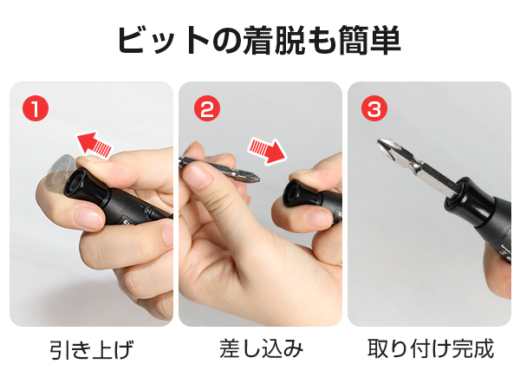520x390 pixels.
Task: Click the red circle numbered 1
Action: [34, 109]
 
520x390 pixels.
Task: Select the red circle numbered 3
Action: [374, 109]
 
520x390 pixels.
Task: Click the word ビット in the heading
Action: [161, 40]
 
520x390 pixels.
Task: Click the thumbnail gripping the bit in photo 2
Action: [200, 178]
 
